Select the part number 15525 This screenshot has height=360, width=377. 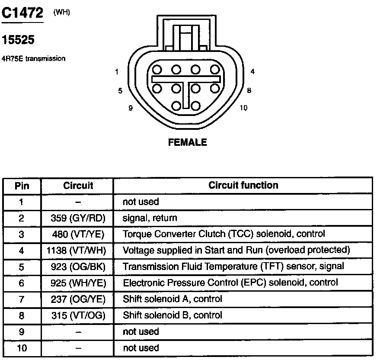pyautogui.click(x=18, y=40)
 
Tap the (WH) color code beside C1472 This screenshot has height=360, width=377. pyautogui.click(x=61, y=12)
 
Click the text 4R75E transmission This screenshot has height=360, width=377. pyautogui.click(x=34, y=58)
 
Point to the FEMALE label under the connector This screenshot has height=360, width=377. pyautogui.click(x=188, y=142)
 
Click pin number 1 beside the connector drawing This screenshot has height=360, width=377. pyautogui.click(x=117, y=72)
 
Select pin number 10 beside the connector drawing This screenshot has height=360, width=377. pyautogui.click(x=243, y=108)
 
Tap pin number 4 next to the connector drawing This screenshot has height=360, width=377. pyautogui.click(x=252, y=72)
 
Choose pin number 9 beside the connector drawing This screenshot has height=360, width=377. pyautogui.click(x=131, y=108)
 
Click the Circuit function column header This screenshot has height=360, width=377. pyautogui.click(x=243, y=186)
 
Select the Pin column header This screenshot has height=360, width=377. pyautogui.click(x=22, y=186)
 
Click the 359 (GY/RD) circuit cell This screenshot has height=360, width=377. pyautogui.click(x=78, y=218)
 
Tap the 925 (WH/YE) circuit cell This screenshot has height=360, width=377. pyautogui.click(x=78, y=283)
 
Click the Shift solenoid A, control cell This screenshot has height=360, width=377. pyautogui.click(x=173, y=299)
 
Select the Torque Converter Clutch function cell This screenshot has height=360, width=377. pyautogui.click(x=224, y=234)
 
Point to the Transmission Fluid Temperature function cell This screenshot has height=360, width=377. pyautogui.click(x=233, y=267)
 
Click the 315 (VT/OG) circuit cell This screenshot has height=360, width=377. pyautogui.click(x=78, y=315)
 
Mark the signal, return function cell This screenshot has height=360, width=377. pyautogui.click(x=150, y=218)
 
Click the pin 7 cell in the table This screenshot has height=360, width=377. pyautogui.click(x=22, y=299)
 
